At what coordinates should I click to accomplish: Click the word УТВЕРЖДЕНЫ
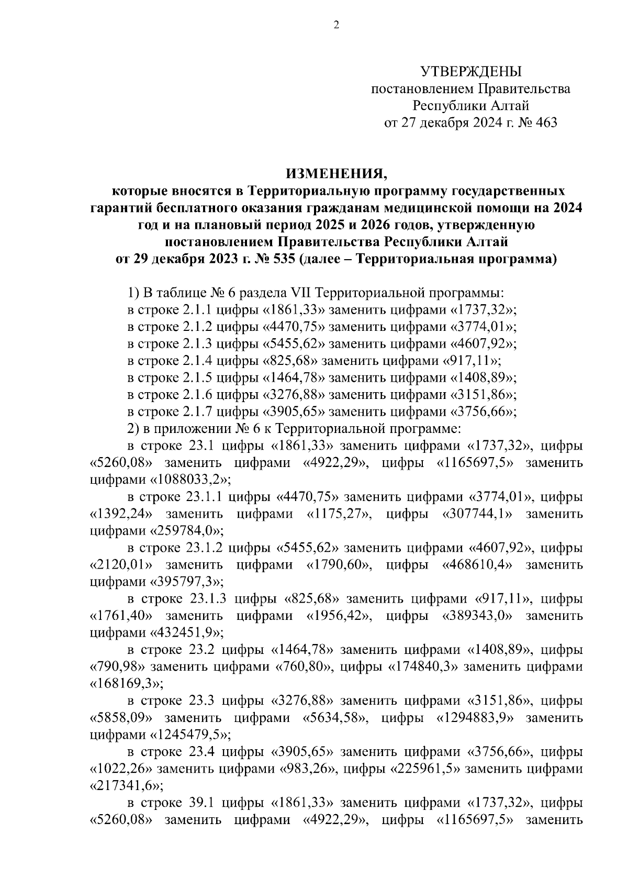[471, 72]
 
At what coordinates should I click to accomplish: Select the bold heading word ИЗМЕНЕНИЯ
[337, 173]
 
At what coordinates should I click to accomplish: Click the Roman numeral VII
[302, 293]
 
